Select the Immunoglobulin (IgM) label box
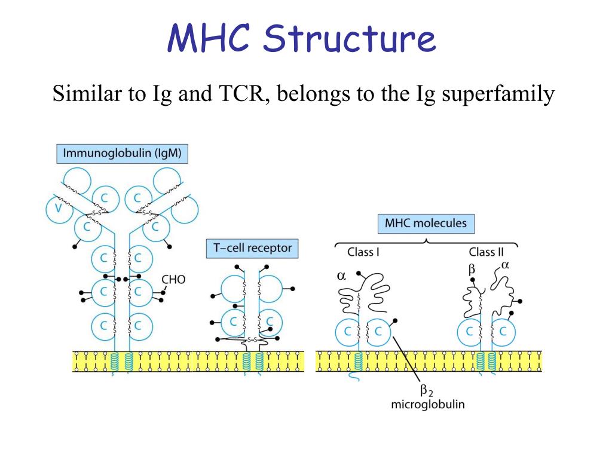click(123, 154)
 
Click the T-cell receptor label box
click(252, 248)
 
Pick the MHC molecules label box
click(426, 224)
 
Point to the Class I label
click(363, 252)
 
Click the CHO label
click(175, 279)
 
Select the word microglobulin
click(427, 405)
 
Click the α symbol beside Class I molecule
click(342, 277)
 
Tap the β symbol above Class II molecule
click(472, 270)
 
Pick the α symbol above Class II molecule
click(504, 265)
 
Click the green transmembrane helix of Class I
click(357, 362)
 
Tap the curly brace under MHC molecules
click(426, 241)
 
